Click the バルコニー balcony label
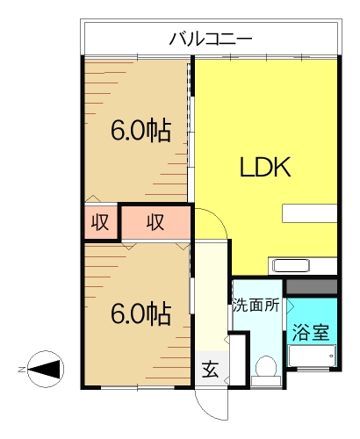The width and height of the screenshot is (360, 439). pyautogui.click(x=210, y=39)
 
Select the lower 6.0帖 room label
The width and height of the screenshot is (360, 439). pyautogui.click(x=140, y=313)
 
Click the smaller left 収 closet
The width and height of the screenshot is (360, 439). pyautogui.click(x=101, y=223)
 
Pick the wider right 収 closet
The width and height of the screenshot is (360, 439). pyautogui.click(x=155, y=223)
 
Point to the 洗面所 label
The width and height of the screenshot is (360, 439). pyautogui.click(x=256, y=306)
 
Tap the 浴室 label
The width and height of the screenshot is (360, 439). pyautogui.click(x=312, y=333)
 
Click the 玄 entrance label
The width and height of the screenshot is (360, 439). pyautogui.click(x=211, y=369)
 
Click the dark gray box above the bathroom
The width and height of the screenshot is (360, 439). pyautogui.click(x=312, y=287)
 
